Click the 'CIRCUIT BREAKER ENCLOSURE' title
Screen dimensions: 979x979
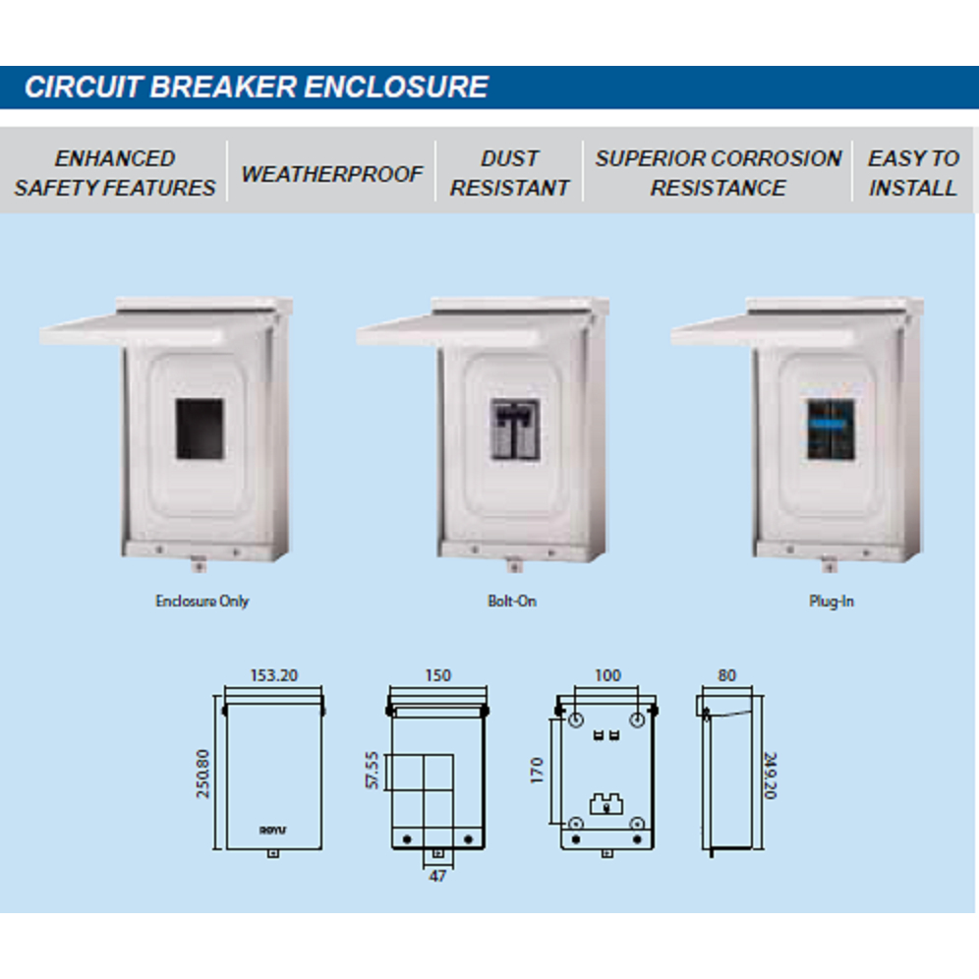[x=257, y=86]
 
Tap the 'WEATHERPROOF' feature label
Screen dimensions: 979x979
[x=332, y=174]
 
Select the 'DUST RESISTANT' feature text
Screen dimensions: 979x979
[x=509, y=173]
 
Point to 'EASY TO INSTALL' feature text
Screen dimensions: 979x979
[x=913, y=173]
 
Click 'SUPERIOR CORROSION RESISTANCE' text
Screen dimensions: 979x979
[x=719, y=173]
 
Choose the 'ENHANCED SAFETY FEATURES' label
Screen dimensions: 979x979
[x=115, y=173]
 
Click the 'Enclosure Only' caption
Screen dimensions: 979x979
[x=202, y=601]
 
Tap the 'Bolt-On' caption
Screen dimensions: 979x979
[x=512, y=601]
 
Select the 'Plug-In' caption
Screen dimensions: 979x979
[x=831, y=601]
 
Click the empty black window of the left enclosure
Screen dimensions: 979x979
[x=200, y=429]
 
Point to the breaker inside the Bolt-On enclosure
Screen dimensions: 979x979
[x=513, y=429]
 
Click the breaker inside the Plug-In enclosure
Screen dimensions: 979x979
[x=829, y=429]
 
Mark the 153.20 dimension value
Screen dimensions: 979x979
[x=273, y=675]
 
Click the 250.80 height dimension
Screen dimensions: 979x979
[x=203, y=773]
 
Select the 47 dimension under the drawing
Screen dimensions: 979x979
[x=437, y=875]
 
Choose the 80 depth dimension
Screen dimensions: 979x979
[x=726, y=675]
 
